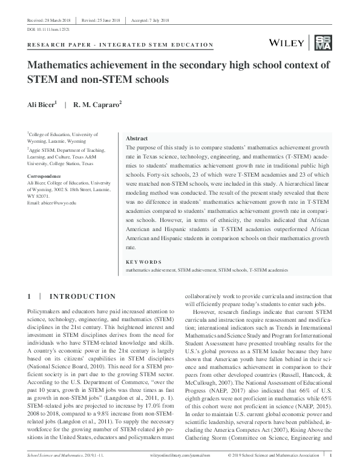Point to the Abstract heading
coord(136,138)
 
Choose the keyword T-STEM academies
coord(268,269)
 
